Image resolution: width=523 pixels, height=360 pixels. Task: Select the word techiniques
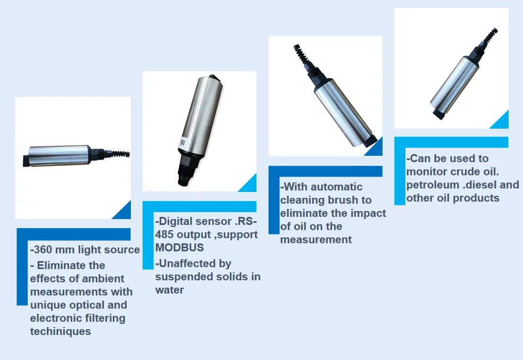point(61,331)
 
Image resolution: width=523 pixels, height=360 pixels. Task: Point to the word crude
point(466,171)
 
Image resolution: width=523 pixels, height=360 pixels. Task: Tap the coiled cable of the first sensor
point(120,154)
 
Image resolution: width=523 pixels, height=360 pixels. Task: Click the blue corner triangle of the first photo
point(124,212)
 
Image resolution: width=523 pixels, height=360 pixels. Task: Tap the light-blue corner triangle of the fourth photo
point(502,122)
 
